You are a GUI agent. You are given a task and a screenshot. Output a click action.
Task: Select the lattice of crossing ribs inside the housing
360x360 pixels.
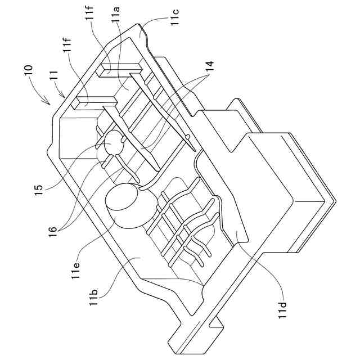(x=180, y=225)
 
